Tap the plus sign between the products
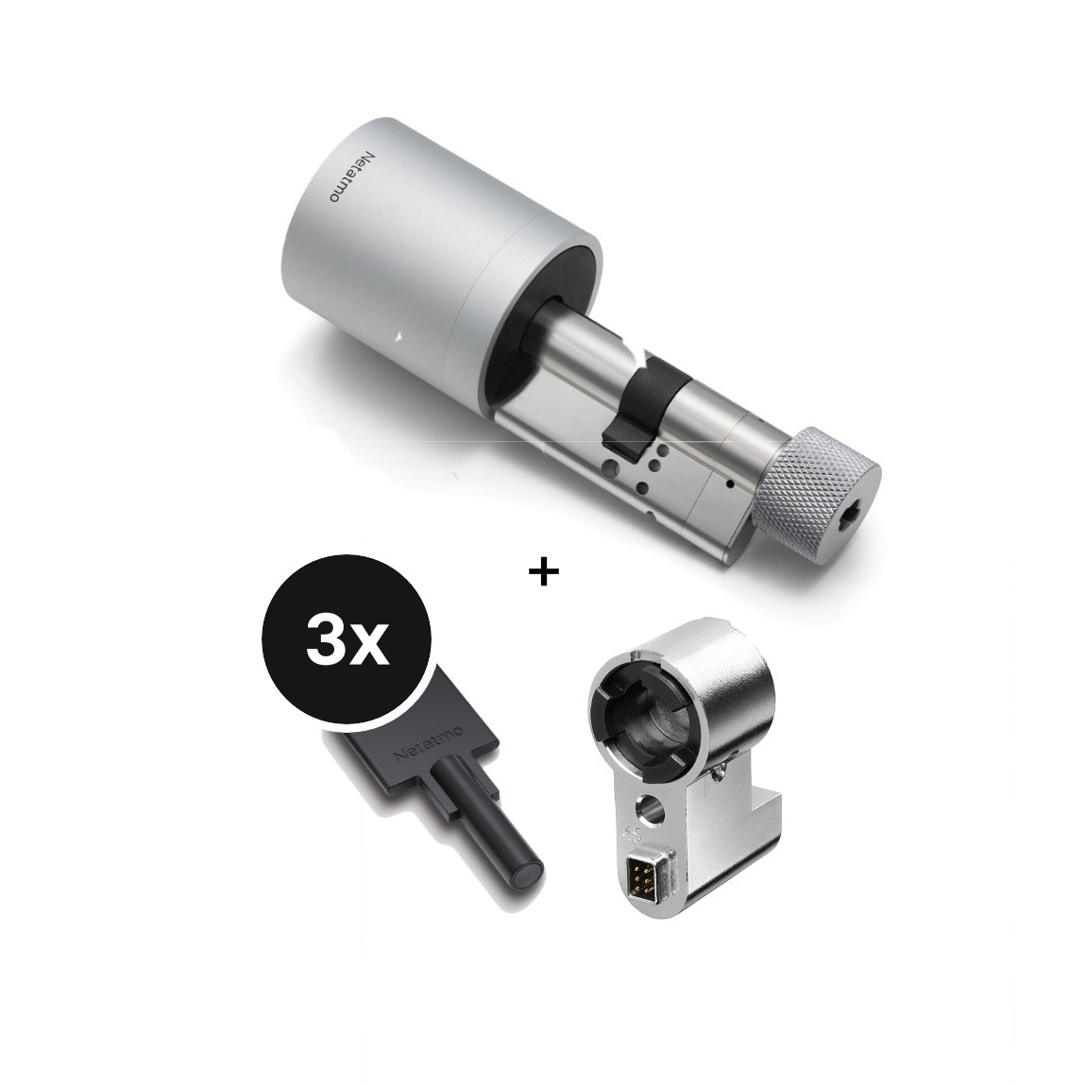[543, 572]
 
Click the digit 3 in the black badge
[327, 645]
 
